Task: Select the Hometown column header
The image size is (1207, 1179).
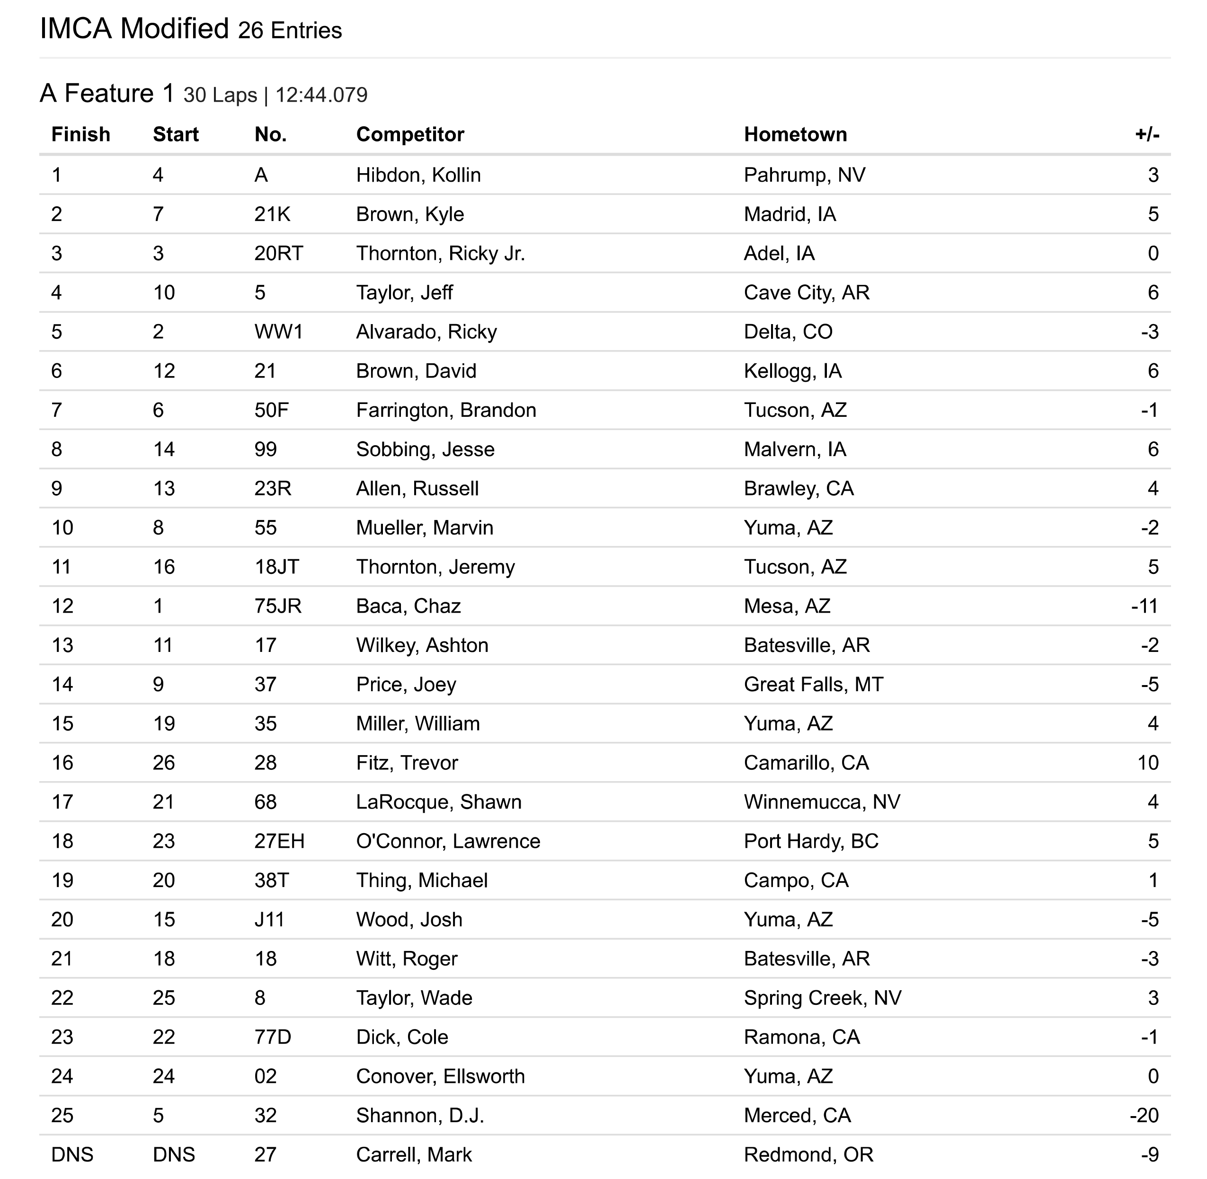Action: tap(795, 134)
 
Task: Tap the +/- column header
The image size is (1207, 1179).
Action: tap(1146, 134)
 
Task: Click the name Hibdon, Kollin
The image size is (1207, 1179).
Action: tap(418, 175)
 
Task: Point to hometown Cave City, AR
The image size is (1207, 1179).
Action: tap(807, 293)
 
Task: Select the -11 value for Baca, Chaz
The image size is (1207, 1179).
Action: tap(1145, 606)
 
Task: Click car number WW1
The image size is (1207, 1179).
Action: tap(279, 332)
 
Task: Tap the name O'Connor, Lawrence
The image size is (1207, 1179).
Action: tap(448, 842)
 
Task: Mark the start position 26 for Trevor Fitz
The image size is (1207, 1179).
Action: tap(164, 763)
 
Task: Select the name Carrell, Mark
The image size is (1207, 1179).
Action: tap(414, 1155)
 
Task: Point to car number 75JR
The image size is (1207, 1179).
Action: tap(277, 606)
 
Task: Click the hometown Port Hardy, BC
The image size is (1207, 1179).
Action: tap(811, 842)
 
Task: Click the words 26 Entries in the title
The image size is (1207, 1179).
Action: tap(289, 31)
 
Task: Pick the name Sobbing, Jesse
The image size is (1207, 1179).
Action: tap(425, 449)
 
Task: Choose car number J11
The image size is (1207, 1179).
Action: tap(269, 920)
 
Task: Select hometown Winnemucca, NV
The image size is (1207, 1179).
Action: tap(822, 802)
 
